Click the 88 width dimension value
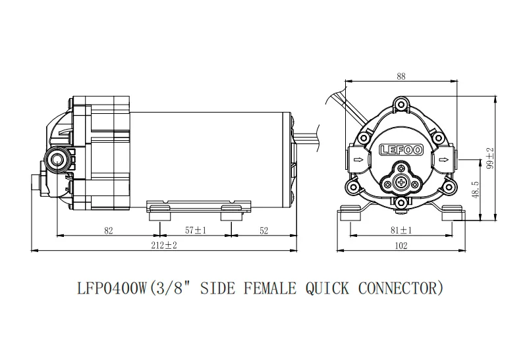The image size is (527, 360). tap(401, 76)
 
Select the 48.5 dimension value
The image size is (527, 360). tap(476, 190)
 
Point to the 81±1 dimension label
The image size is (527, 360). tap(401, 230)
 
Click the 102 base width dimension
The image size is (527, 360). tap(401, 245)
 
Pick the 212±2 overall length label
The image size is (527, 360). tap(163, 245)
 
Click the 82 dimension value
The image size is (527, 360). tap(109, 231)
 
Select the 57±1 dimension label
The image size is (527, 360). tap(195, 230)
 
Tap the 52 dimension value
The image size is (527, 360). tap(264, 231)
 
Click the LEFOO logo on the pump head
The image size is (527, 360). tap(401, 150)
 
